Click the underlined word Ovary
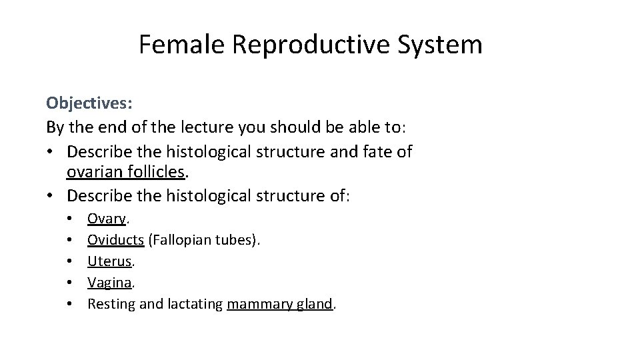click(108, 218)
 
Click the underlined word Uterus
click(109, 261)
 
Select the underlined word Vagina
click(109, 283)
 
